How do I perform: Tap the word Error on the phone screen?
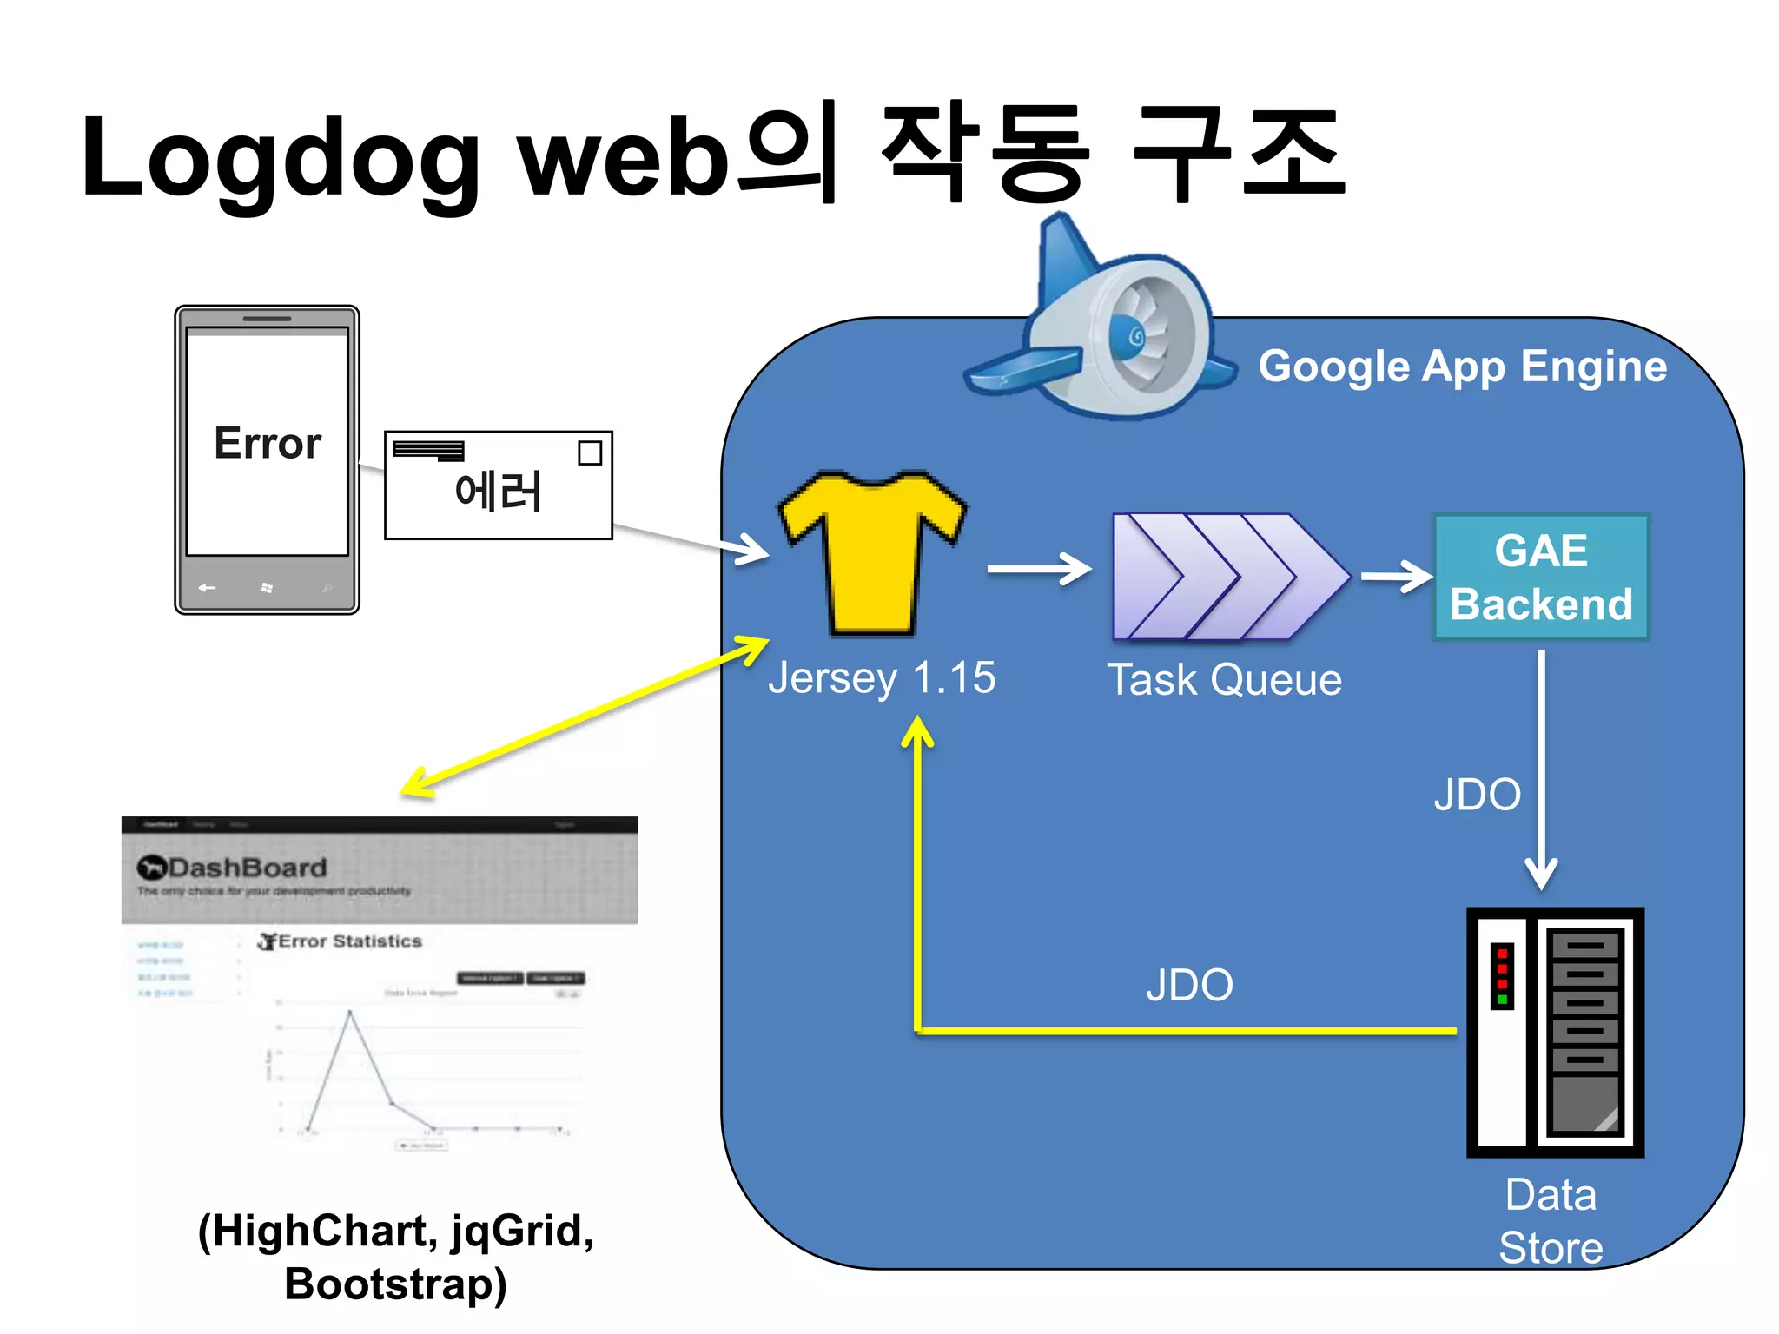pyautogui.click(x=267, y=444)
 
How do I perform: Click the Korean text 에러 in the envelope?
pyautogui.click(x=498, y=492)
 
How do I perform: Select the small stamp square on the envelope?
pyautogui.click(x=590, y=453)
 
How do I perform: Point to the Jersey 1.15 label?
pyautogui.click(x=882, y=678)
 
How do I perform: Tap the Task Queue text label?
pyautogui.click(x=1224, y=680)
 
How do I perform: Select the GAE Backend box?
pyautogui.click(x=1540, y=578)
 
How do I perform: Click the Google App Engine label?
pyautogui.click(x=1462, y=367)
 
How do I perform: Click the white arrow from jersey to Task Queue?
pyautogui.click(x=1039, y=569)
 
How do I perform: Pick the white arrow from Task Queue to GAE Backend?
pyautogui.click(x=1395, y=577)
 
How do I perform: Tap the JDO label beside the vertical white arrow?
pyautogui.click(x=1477, y=795)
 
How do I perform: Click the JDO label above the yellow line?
pyautogui.click(x=1189, y=986)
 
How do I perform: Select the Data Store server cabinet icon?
pyautogui.click(x=1555, y=1032)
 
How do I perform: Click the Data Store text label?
pyautogui.click(x=1551, y=1221)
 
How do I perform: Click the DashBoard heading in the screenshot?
pyautogui.click(x=247, y=868)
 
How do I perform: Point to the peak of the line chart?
pyautogui.click(x=350, y=1012)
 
